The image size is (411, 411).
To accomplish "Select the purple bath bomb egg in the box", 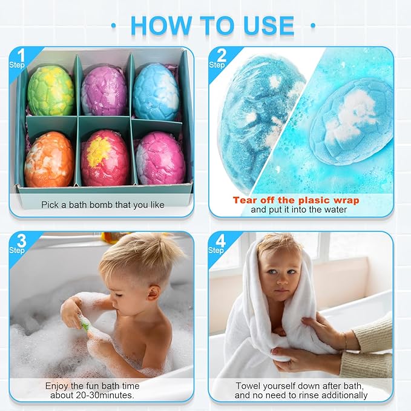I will [x=104, y=91].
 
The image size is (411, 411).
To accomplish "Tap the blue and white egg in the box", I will [x=156, y=91].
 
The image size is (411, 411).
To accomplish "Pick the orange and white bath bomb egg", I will [x=50, y=159].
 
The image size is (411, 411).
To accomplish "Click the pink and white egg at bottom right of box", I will [x=160, y=159].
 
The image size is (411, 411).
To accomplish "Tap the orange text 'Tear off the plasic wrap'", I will [x=296, y=200].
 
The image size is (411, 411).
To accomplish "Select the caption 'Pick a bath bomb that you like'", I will [x=103, y=205].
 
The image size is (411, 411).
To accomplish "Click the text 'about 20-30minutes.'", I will [x=92, y=395].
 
